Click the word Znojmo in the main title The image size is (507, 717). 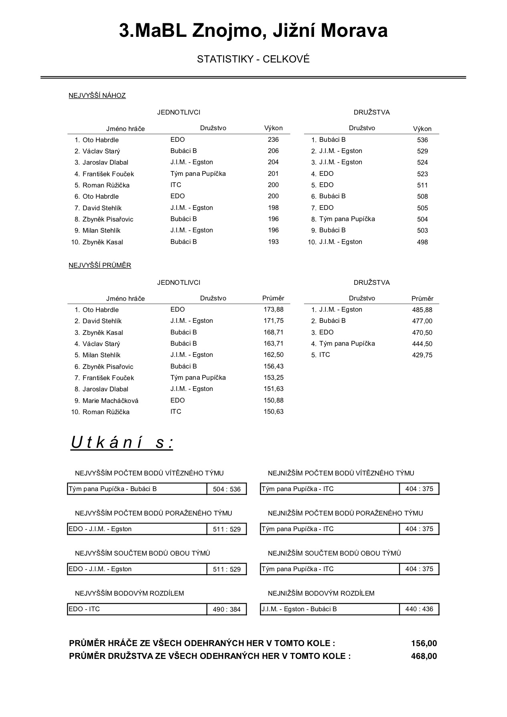pos(226,31)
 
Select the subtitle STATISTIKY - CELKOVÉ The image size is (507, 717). pos(253,59)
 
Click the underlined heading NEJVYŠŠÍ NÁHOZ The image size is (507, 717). pos(97,95)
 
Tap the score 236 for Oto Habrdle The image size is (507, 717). pos(273,139)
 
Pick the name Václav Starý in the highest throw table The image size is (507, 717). pos(101,151)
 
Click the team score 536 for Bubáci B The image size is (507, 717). pos(422,140)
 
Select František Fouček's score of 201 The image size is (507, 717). pos(273,173)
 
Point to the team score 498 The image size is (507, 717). pos(422,242)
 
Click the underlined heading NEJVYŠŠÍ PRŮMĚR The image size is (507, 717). pos(100,265)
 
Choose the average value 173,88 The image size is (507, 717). pos(274,309)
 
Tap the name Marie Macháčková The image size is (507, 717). pos(110,401)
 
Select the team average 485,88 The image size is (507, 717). pos(422,310)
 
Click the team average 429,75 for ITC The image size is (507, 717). pos(422,355)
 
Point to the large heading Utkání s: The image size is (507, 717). pos(122,443)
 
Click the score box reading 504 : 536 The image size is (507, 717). pos(227,489)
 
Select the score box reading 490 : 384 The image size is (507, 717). pos(227,609)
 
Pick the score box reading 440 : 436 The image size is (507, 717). pos(419,609)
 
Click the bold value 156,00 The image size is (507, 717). pos(424,644)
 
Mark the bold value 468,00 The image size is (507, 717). pos(424,656)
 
